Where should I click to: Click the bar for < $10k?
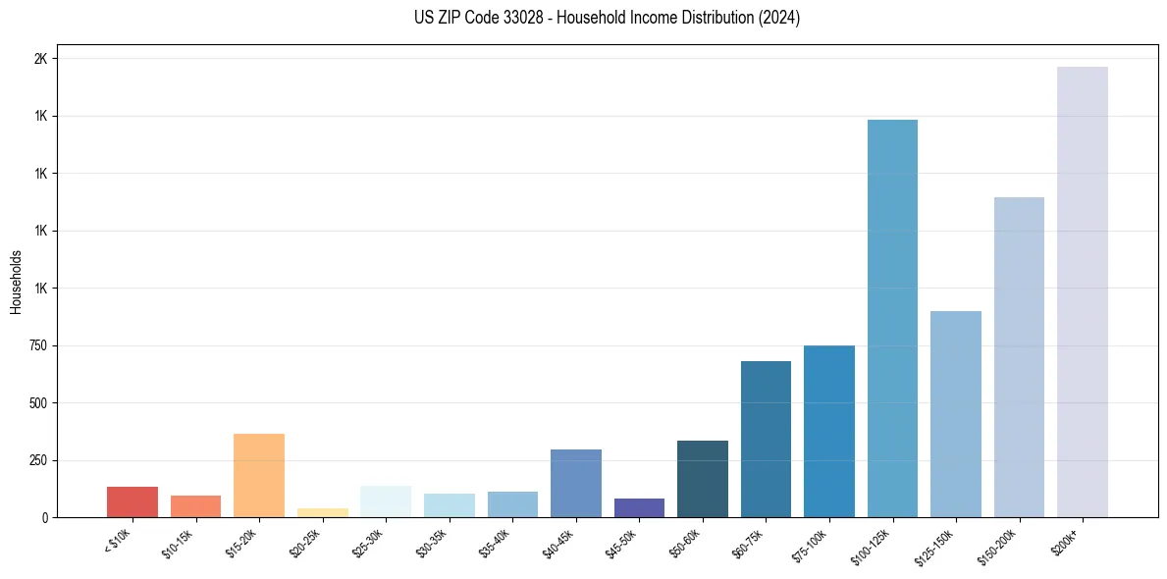click(x=133, y=501)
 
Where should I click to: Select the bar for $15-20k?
click(x=259, y=475)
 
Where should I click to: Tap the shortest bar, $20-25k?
click(x=322, y=512)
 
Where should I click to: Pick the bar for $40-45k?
click(x=575, y=483)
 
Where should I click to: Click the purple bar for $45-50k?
click(x=639, y=507)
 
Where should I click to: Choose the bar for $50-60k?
click(x=703, y=479)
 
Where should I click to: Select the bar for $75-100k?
click(x=829, y=431)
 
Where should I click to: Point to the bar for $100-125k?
click(x=892, y=318)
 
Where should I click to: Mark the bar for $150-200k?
click(x=1019, y=357)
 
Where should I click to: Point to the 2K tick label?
click(x=41, y=59)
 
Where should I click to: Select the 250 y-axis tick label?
click(x=39, y=460)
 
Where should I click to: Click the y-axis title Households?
click(x=16, y=282)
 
